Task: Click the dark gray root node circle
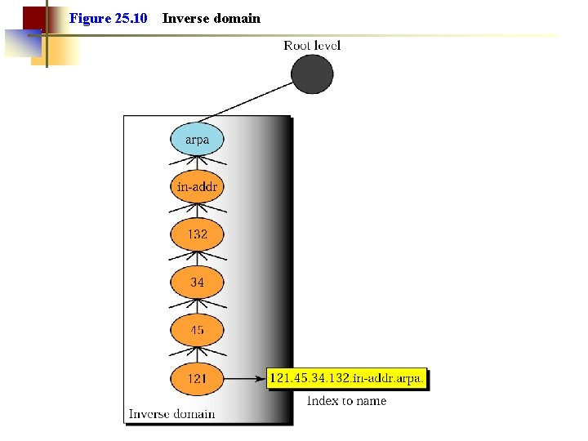point(312,73)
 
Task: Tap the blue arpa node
point(197,139)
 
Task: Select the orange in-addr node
point(197,187)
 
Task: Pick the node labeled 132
point(197,234)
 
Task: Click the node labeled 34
point(197,283)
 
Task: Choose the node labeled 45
point(197,330)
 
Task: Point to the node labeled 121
point(197,378)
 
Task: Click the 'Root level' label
point(312,45)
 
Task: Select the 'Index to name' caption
point(346,401)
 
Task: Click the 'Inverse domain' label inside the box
point(171,414)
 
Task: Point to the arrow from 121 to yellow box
point(244,378)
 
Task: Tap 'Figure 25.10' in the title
point(108,18)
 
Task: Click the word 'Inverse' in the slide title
point(186,18)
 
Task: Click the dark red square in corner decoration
point(33,17)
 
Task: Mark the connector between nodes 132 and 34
point(197,259)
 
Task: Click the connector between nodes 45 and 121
point(197,354)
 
